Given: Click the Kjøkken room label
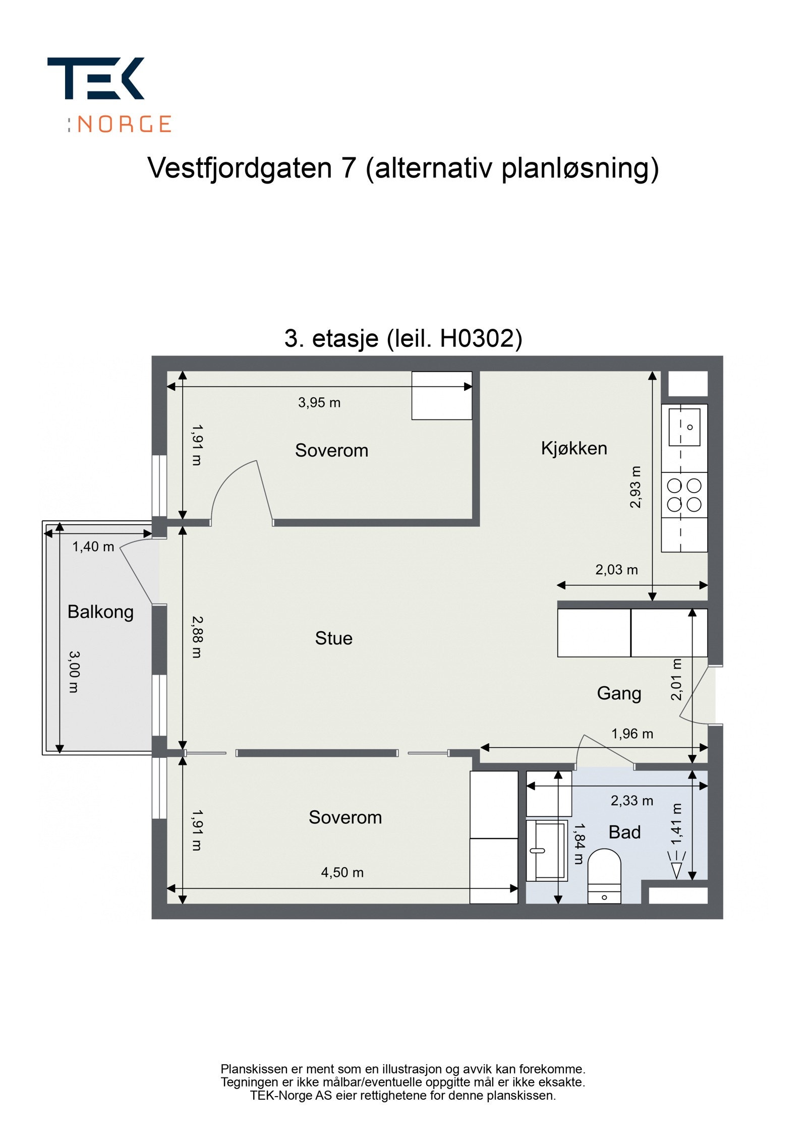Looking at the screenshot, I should [573, 448].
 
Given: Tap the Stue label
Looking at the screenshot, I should [333, 638].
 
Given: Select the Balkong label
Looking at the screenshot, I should [100, 612].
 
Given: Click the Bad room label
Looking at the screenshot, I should [624, 832].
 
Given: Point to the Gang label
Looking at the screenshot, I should [619, 693].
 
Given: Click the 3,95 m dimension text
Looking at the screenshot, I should [319, 403].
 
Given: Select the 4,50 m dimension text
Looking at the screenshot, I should [342, 872].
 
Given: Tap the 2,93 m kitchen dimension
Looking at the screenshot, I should [635, 487].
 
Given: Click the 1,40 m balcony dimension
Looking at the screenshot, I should [93, 547].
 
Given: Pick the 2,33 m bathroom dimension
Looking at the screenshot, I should [631, 801].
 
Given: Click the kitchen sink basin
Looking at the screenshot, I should [684, 427].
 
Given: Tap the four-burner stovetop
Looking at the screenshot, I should [684, 495].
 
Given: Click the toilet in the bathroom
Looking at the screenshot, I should [604, 876].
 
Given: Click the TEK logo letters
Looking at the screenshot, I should [96, 78].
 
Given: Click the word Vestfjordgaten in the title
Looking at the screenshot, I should [239, 168].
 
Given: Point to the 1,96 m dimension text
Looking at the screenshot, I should [631, 734].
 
